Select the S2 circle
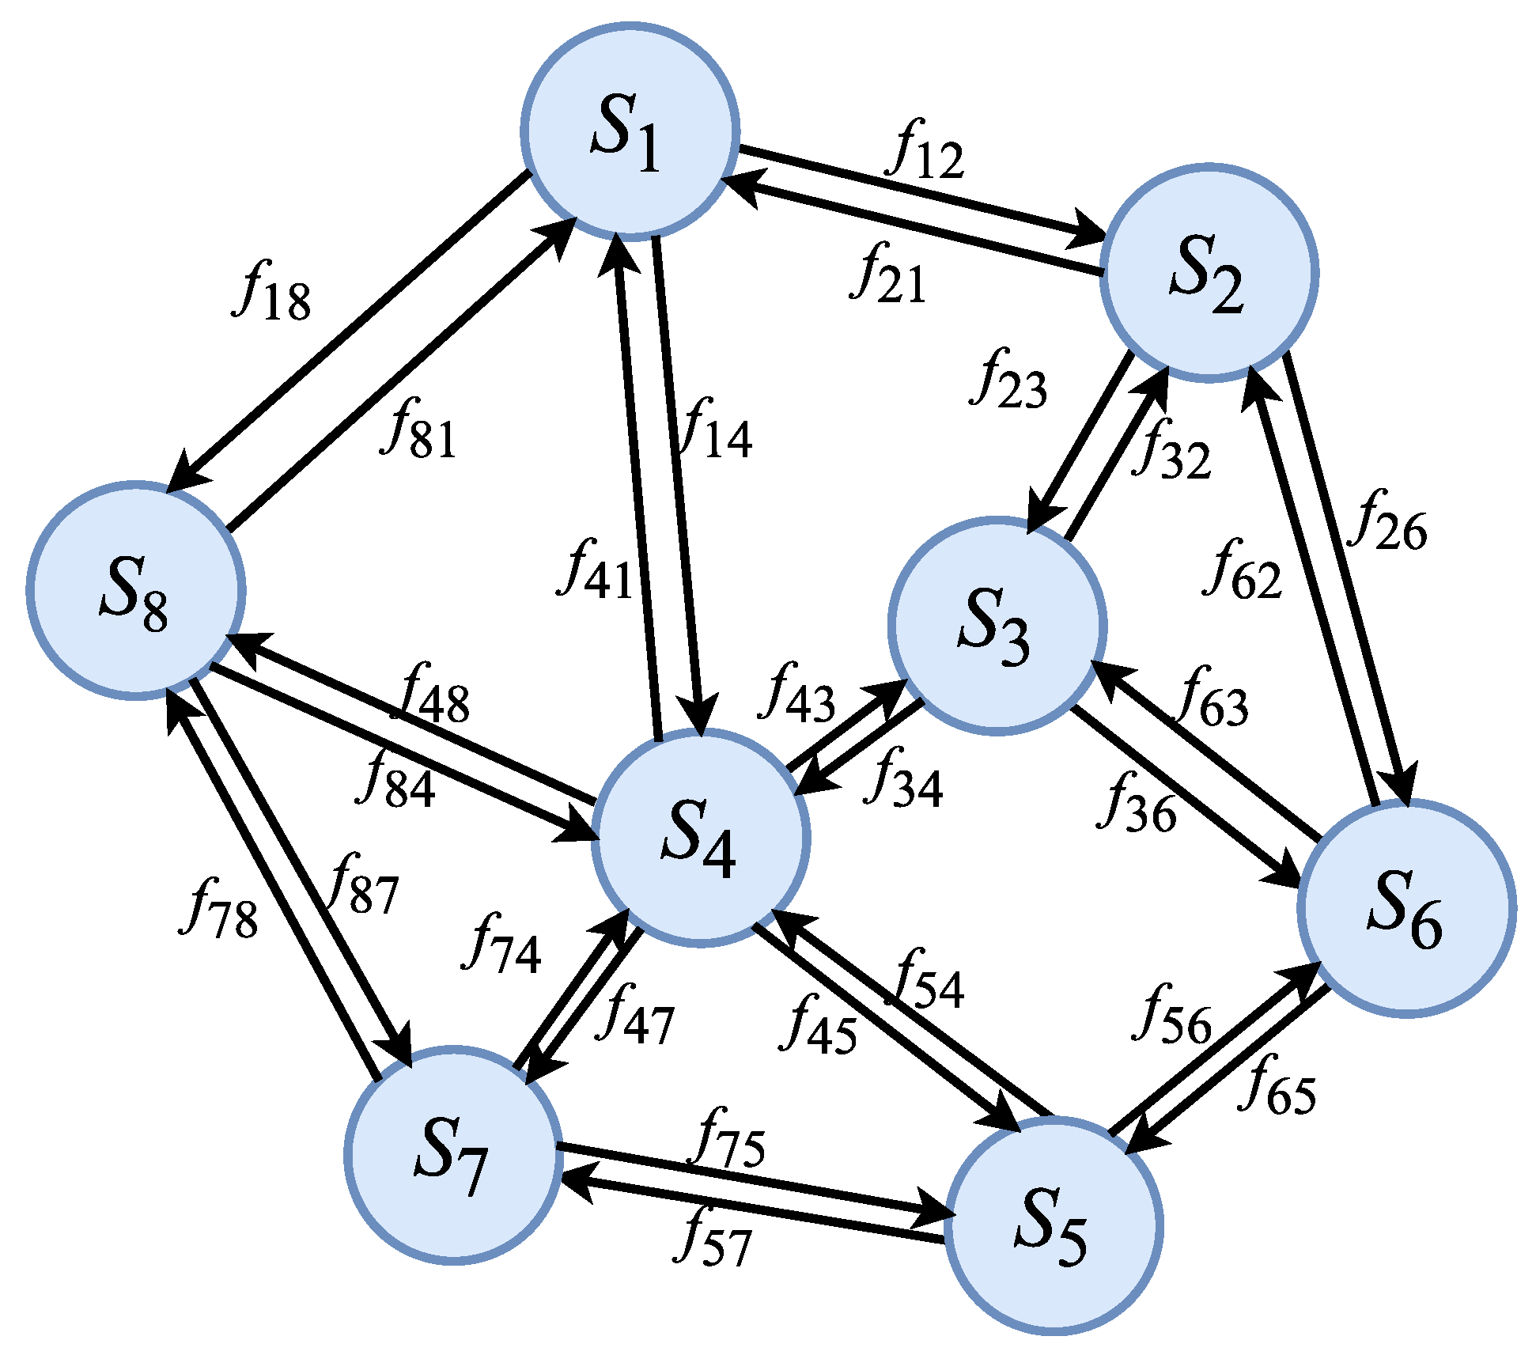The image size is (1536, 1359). pyautogui.click(x=1209, y=273)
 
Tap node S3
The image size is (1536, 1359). pyautogui.click(x=996, y=627)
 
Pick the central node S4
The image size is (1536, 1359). pyautogui.click(x=700, y=838)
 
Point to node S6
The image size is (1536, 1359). pyautogui.click(x=1406, y=908)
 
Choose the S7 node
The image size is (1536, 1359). pyautogui.click(x=453, y=1156)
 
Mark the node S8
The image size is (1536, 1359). pyautogui.click(x=136, y=590)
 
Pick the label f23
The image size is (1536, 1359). pyautogui.click(x=1008, y=380)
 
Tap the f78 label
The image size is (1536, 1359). pyautogui.click(x=220, y=910)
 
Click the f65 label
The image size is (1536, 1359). pyautogui.click(x=1277, y=1087)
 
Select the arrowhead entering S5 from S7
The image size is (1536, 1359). pyautogui.click(x=933, y=1214)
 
